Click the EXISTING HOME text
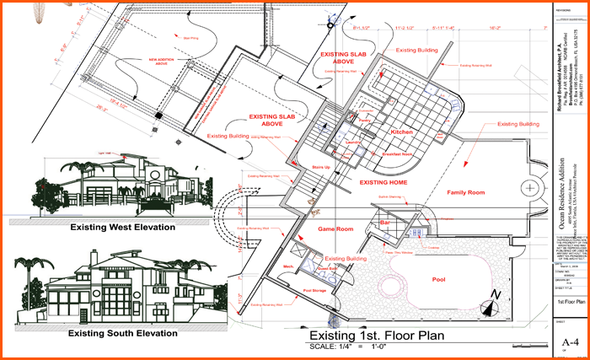384,181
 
